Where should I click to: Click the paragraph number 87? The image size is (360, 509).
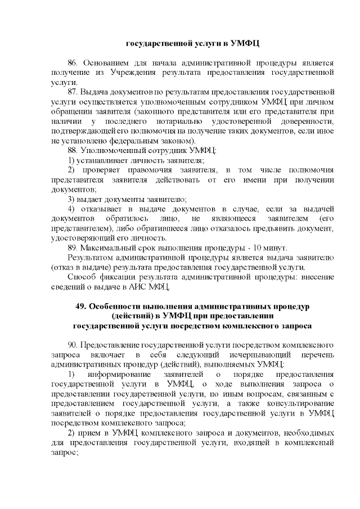coord(73,91)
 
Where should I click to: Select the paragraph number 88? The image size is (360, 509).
coord(73,150)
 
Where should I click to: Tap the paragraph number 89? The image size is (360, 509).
coord(73,248)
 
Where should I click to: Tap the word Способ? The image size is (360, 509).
coord(81,277)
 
